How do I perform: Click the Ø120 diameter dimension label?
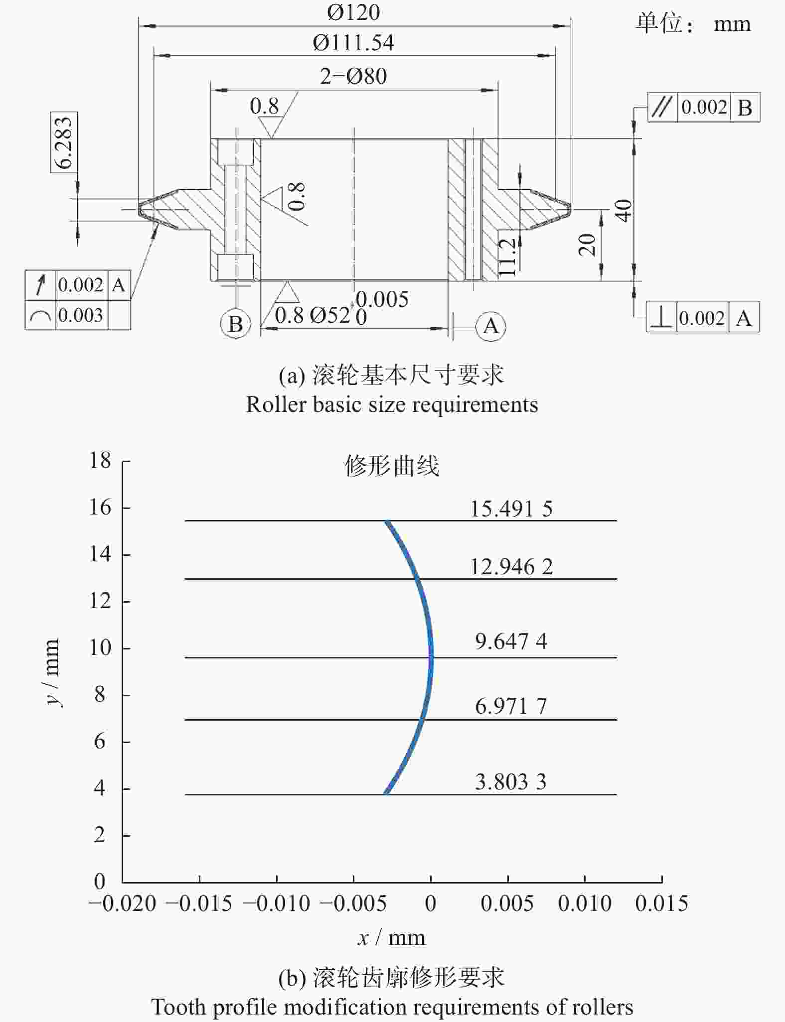coord(353,12)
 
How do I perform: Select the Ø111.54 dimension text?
coord(353,43)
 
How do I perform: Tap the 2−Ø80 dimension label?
coord(353,76)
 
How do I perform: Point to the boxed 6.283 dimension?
coord(64,142)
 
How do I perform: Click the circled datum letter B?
coord(235,324)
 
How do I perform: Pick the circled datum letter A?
coord(491,326)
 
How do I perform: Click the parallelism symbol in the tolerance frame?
coord(662,107)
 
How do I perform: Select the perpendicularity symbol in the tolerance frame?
coord(662,317)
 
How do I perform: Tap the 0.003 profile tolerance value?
coord(80,315)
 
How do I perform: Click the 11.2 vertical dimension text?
coord(507,256)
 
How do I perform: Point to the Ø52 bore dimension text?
coord(330,315)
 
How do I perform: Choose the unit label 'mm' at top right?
coord(732,24)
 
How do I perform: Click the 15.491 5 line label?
coord(511,509)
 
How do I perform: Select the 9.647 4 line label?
coord(511,641)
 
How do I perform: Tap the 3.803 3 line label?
coord(511,781)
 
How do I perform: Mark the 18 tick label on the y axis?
coord(100,460)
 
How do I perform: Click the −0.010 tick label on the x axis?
coord(277,903)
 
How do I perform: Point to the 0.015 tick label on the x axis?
coord(661,903)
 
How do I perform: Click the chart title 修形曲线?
coord(392,466)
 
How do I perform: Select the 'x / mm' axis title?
coord(392,938)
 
